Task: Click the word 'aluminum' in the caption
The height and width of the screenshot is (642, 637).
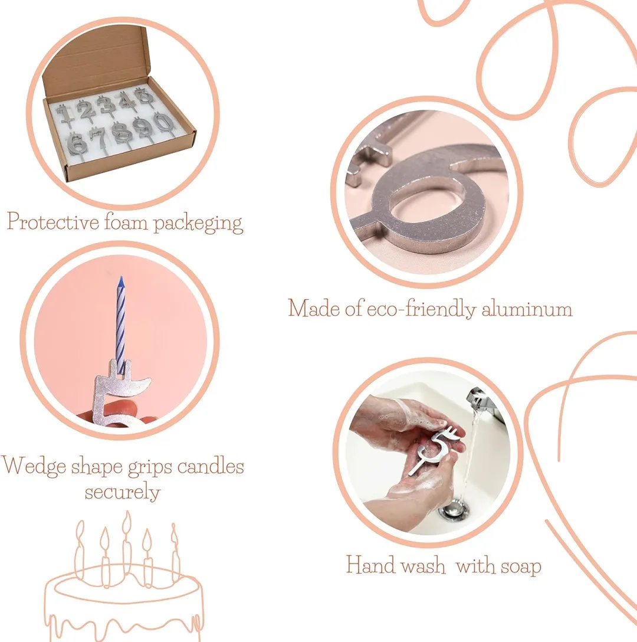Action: click(x=527, y=309)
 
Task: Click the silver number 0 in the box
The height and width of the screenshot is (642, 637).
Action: click(x=163, y=123)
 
